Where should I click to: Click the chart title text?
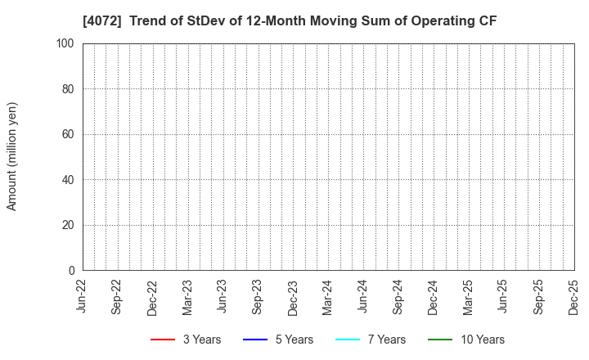[x=294, y=20]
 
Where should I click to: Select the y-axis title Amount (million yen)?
[x=12, y=156]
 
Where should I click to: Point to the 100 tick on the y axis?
[x=65, y=43]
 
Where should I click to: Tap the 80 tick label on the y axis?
[x=68, y=88]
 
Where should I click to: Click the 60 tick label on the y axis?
[x=68, y=134]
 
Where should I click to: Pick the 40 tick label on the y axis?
[x=68, y=180]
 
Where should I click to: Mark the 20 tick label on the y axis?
[x=68, y=225]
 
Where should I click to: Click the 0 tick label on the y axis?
[x=71, y=271]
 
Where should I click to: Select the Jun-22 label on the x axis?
[x=83, y=296]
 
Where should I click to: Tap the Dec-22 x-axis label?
[x=153, y=296]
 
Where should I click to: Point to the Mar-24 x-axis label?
[x=328, y=296]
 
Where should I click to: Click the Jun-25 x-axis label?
[x=504, y=296]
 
